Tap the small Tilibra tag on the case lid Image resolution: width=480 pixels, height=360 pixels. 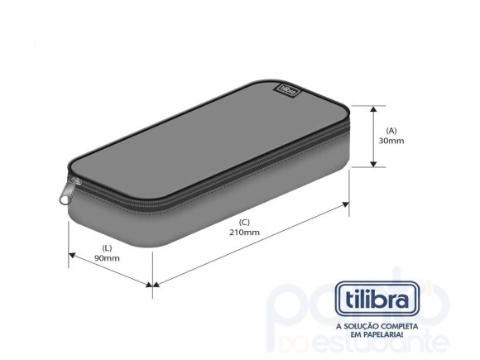286,84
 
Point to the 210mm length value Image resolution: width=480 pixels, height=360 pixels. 245,232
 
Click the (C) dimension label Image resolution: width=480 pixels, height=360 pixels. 244,221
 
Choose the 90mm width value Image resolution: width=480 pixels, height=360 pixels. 107,258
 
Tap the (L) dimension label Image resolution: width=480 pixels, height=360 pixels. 107,247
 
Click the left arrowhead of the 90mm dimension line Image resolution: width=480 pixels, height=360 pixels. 72,252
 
